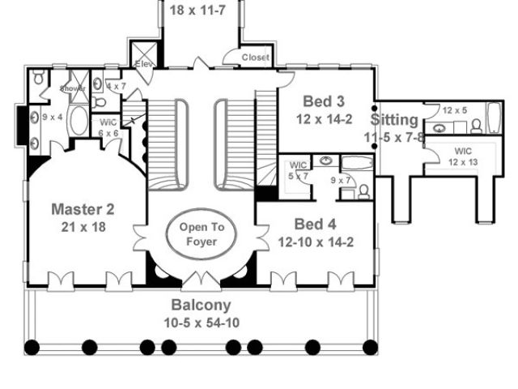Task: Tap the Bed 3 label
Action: [x=325, y=101]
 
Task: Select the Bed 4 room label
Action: [x=316, y=224]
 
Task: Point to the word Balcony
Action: [x=201, y=306]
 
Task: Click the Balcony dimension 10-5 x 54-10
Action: [x=201, y=323]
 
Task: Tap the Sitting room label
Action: [x=396, y=120]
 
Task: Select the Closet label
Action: [x=257, y=58]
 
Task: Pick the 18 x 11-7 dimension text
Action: [x=201, y=11]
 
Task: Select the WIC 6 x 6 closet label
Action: [x=109, y=127]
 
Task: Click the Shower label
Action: [x=72, y=88]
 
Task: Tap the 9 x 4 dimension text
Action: [x=53, y=116]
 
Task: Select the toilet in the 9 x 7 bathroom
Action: [x=364, y=191]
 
